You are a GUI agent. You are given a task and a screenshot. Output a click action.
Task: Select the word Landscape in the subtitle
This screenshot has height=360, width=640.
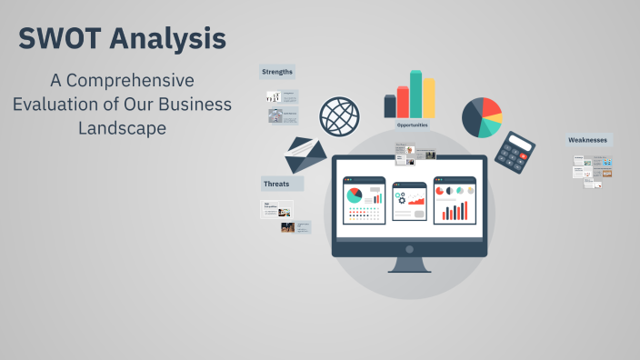(x=122, y=128)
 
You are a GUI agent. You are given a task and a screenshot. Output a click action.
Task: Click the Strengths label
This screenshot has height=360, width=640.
(x=277, y=72)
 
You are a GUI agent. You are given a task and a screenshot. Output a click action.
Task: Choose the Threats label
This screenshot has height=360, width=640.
(x=276, y=184)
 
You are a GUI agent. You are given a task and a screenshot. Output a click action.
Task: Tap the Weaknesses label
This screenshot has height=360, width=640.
(x=587, y=140)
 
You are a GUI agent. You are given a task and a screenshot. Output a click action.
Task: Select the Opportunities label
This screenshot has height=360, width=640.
(x=413, y=125)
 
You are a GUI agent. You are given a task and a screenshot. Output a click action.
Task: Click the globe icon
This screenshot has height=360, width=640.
(x=339, y=116)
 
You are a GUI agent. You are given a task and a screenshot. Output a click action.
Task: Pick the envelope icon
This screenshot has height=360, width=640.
(x=305, y=155)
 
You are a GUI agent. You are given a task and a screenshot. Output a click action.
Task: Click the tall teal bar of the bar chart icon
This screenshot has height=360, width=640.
(x=415, y=94)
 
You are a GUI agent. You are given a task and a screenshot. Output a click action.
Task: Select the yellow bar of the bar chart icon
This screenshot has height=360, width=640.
(x=428, y=97)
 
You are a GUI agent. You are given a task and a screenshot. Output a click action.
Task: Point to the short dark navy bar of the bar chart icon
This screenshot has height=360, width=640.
(x=390, y=106)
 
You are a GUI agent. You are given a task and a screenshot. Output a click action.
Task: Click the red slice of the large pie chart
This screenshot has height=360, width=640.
(x=491, y=109)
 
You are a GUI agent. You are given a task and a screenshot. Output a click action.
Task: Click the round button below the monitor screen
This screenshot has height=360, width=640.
(x=409, y=249)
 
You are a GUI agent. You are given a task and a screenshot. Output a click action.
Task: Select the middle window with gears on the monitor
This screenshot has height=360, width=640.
(x=409, y=199)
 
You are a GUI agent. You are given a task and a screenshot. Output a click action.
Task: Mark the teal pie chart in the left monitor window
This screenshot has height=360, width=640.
(x=354, y=195)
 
